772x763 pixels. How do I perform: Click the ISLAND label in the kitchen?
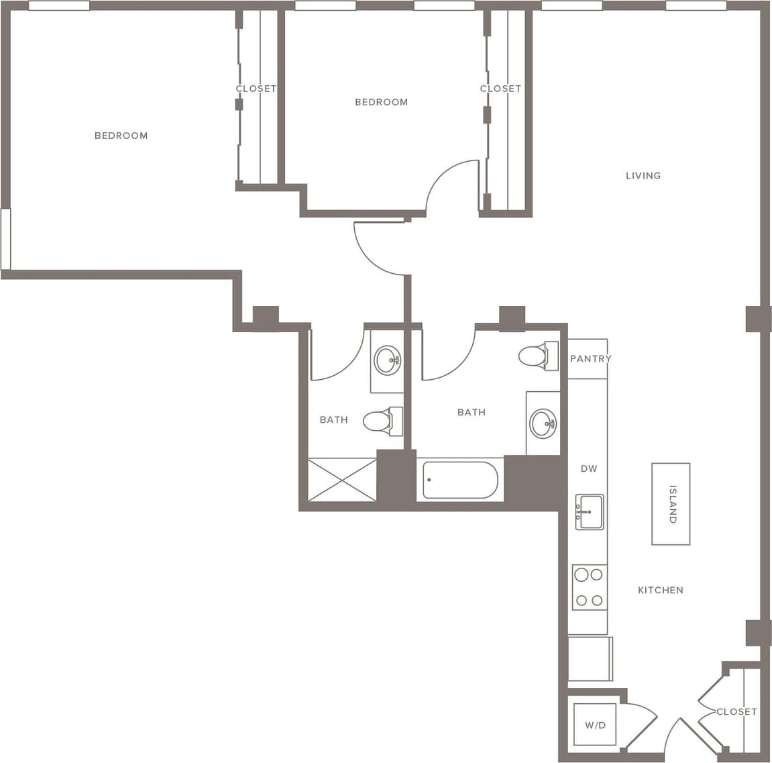pyautogui.click(x=672, y=503)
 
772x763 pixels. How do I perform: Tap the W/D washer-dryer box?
pyautogui.click(x=595, y=725)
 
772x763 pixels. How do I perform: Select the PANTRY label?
pyautogui.click(x=590, y=358)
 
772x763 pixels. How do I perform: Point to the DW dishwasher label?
pyautogui.click(x=588, y=468)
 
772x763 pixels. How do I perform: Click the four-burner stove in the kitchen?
pyautogui.click(x=589, y=587)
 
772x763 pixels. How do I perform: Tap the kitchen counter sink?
pyautogui.click(x=589, y=512)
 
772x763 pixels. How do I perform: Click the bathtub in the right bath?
pyautogui.click(x=459, y=480)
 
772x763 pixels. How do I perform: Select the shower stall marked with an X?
pyautogui.click(x=342, y=479)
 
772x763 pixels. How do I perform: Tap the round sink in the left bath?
pyautogui.click(x=388, y=360)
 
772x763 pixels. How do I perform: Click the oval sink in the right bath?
pyautogui.click(x=543, y=423)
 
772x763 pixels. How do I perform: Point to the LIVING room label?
pyautogui.click(x=643, y=176)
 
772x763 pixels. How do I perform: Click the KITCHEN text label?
pyautogui.click(x=660, y=590)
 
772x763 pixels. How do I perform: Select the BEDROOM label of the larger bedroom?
pyautogui.click(x=121, y=136)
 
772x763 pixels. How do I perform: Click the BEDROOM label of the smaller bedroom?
pyautogui.click(x=381, y=102)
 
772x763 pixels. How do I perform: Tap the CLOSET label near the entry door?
pyautogui.click(x=736, y=711)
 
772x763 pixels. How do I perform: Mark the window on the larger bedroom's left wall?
pyautogui.click(x=5, y=239)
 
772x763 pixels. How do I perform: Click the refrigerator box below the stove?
pyautogui.click(x=590, y=658)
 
